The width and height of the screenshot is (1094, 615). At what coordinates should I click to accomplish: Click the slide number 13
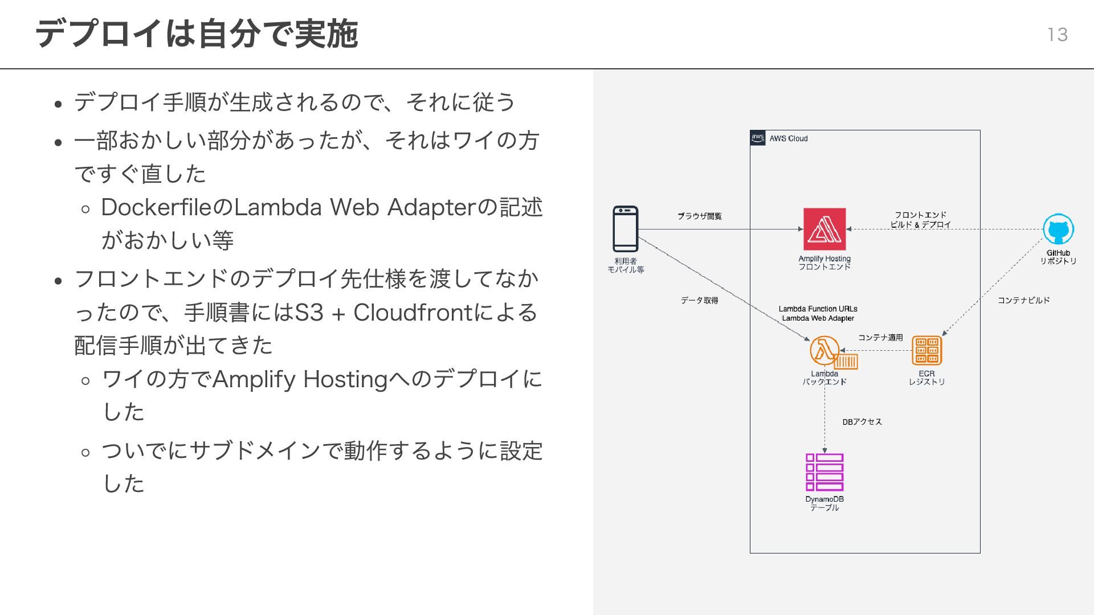pos(1057,35)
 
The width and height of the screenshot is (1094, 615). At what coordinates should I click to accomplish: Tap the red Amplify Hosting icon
pos(824,229)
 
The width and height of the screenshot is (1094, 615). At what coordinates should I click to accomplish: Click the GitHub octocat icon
pos(1058,229)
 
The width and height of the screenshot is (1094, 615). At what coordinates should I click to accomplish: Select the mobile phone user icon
pos(625,229)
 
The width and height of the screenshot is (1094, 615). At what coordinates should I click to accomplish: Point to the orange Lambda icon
pos(824,350)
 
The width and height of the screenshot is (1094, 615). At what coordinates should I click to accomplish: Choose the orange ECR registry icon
pos(926,350)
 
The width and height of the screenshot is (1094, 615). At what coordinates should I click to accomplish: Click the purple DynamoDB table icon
pos(824,472)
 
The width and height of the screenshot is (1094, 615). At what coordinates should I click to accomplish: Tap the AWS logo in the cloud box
pos(758,138)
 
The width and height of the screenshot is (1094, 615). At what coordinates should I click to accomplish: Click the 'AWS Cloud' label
pos(789,138)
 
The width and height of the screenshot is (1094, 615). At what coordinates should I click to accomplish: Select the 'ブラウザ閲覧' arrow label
pos(699,216)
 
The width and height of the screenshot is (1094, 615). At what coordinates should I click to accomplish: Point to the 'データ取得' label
pos(699,300)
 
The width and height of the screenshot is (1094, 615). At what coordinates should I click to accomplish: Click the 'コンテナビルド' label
pos(1023,300)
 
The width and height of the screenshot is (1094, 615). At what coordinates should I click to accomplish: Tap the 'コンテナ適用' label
pos(880,337)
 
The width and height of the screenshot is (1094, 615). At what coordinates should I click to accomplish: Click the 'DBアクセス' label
pos(862,422)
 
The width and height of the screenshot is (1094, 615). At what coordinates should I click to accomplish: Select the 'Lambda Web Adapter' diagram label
pos(818,318)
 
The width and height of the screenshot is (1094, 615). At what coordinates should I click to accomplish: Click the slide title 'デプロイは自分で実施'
pos(197,34)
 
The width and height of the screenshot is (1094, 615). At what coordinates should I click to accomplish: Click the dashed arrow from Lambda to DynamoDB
pos(824,421)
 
